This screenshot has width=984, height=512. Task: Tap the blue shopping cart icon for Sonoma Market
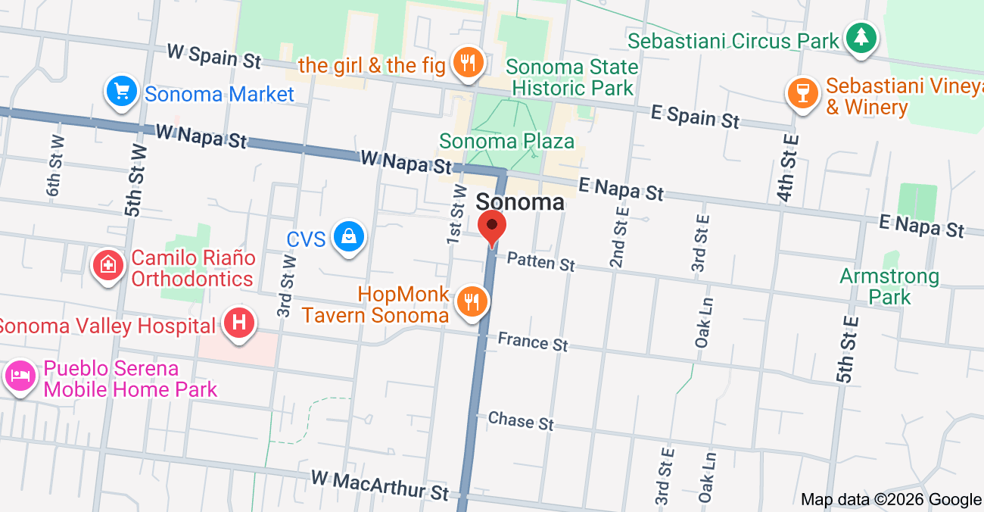click(x=121, y=92)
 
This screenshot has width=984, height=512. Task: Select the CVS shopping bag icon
click(x=349, y=238)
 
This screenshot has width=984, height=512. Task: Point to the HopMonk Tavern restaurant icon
click(x=472, y=303)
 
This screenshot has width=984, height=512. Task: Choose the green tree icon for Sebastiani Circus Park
click(x=861, y=37)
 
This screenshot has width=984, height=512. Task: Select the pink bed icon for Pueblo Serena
click(x=20, y=376)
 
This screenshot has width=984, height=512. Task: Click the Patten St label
click(x=541, y=262)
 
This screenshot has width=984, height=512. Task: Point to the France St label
click(x=533, y=342)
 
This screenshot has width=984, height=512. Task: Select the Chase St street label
click(x=521, y=420)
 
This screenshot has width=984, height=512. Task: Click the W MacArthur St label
click(x=380, y=485)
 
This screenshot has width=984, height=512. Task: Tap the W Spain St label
click(x=214, y=55)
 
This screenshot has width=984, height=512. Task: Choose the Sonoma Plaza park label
click(x=506, y=142)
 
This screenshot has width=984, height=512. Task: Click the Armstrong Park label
click(x=889, y=286)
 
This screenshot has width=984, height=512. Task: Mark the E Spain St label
click(x=695, y=117)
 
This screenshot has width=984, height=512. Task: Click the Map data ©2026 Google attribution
click(x=891, y=499)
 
